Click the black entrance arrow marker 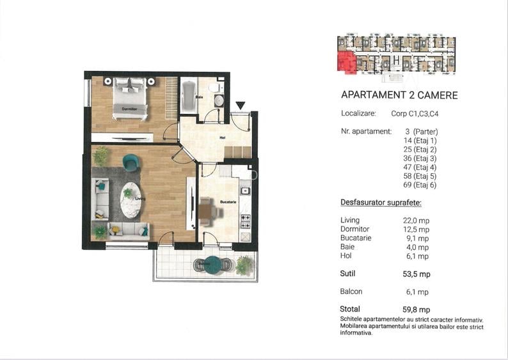click(240, 106)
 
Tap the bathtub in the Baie click(188, 96)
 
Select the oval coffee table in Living click(131, 200)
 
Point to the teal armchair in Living click(131, 162)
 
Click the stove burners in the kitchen click(245, 221)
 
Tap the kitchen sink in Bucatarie click(245, 191)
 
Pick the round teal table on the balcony click(213, 264)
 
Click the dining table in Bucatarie click(205, 212)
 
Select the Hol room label click(223, 137)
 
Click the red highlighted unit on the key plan click(346, 61)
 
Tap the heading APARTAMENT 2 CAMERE click(399, 95)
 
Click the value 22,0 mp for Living click(416, 221)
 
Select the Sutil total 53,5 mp click(417, 274)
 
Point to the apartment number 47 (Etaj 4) click(420, 168)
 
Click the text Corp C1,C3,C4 click(415, 114)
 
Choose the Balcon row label click(351, 292)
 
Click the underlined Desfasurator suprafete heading click(381, 203)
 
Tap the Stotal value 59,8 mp click(417, 310)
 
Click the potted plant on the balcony click(244, 265)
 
